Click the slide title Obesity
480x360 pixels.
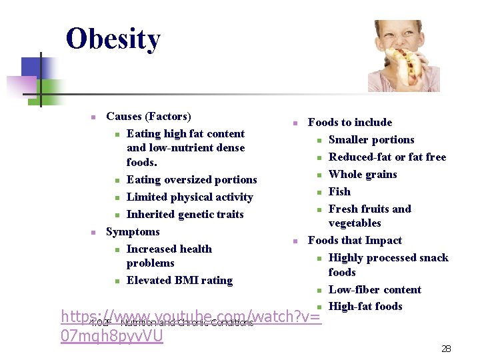tap(113, 39)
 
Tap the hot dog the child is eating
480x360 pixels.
tap(404, 63)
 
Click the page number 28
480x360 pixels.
tap(447, 349)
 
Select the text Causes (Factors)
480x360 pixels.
tap(148, 117)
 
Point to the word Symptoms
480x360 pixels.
tap(133, 232)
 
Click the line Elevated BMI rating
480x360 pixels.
tap(179, 281)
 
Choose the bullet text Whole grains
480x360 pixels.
tap(363, 175)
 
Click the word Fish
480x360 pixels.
tap(339, 192)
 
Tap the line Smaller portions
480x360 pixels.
tap(371, 140)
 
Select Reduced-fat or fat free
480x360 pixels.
tap(387, 157)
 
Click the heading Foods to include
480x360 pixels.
tap(350, 123)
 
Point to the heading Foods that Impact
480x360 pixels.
tap(355, 241)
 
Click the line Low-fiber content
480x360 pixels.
tap(375, 290)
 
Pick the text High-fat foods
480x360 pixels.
tap(365, 307)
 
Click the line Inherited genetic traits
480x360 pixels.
tap(185, 215)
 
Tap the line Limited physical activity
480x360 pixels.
tap(189, 197)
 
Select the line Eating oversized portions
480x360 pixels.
tap(191, 180)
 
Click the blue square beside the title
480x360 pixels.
tap(31, 67)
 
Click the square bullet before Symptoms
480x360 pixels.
tap(94, 233)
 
